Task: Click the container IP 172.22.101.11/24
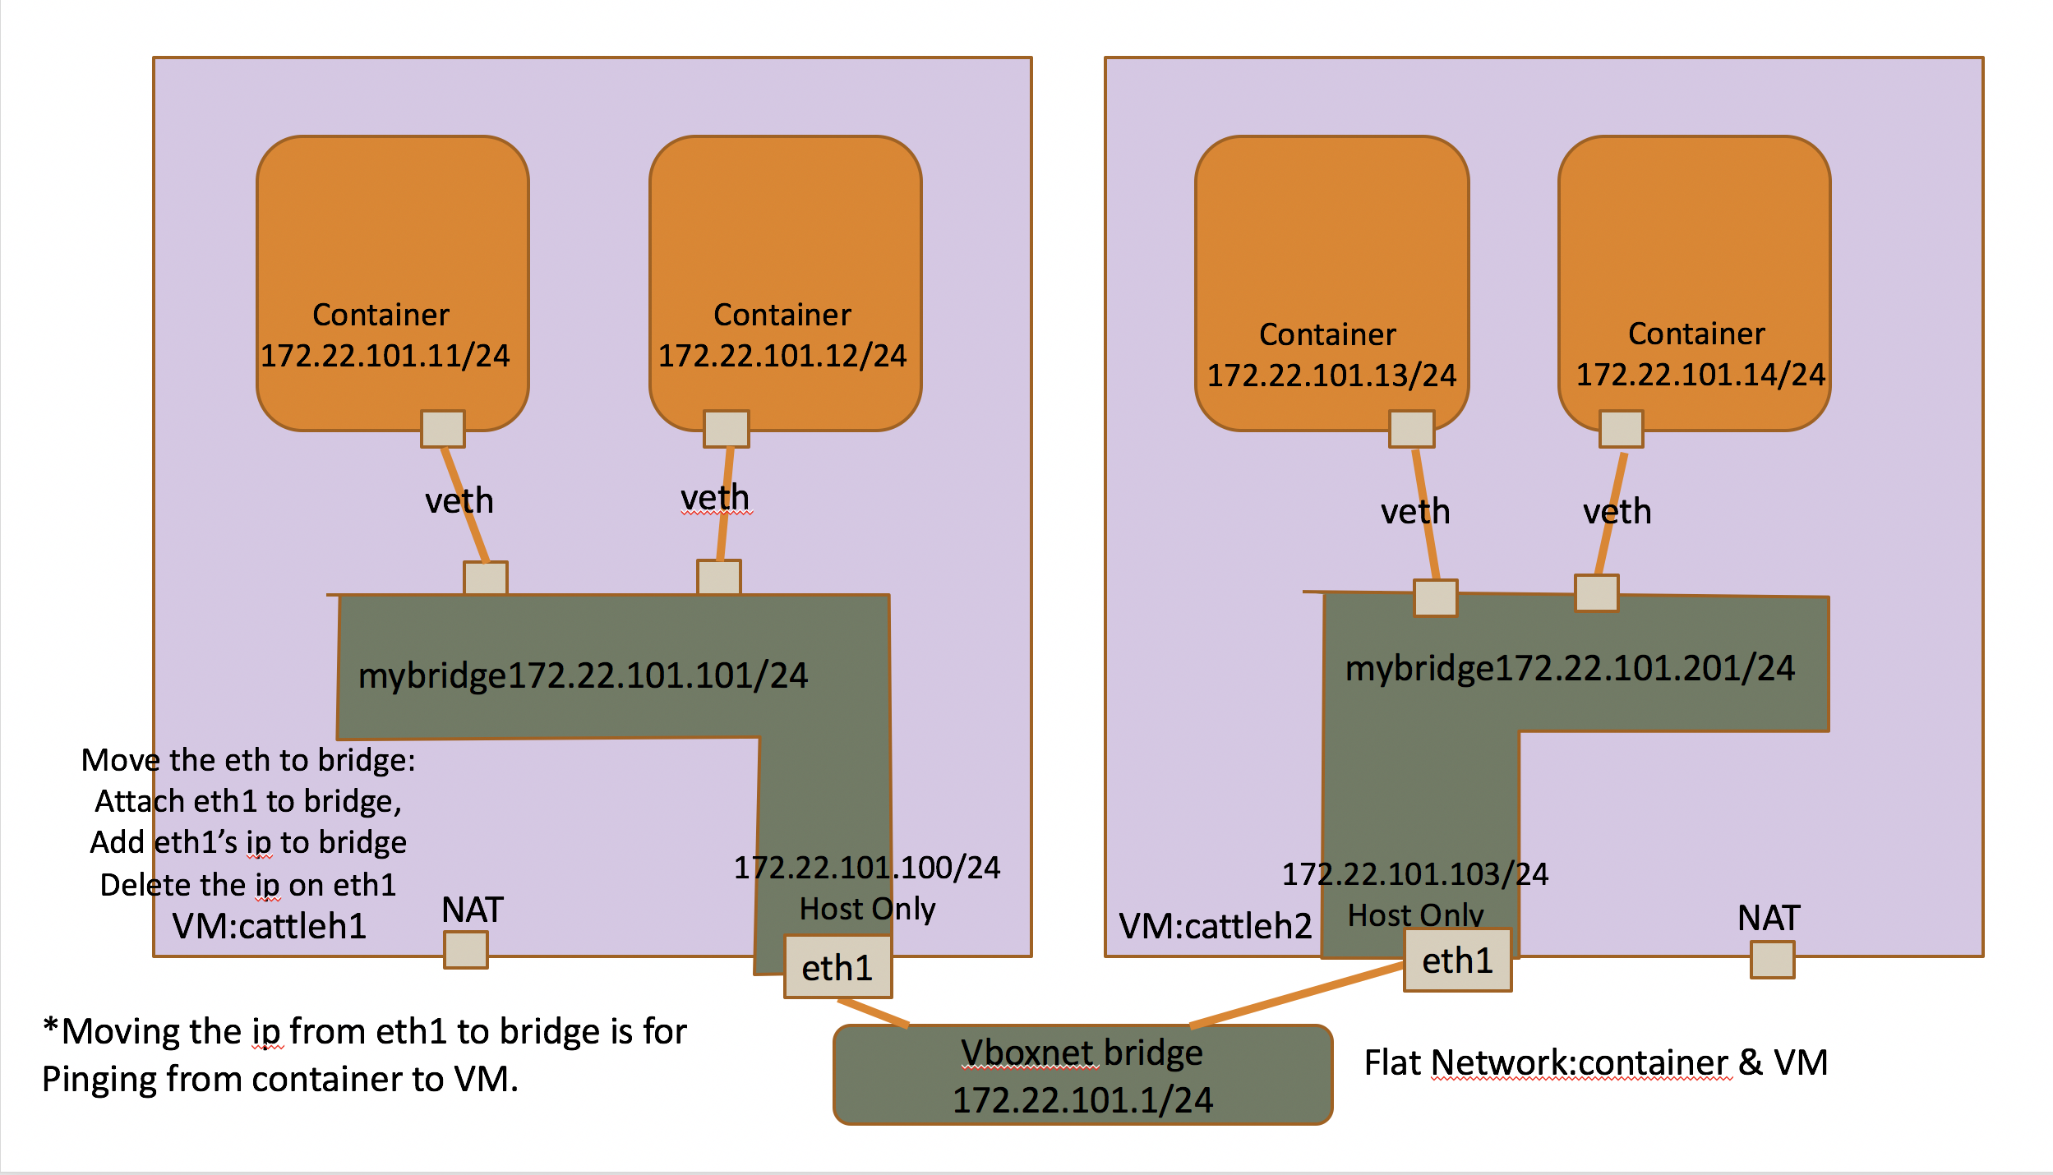click(x=385, y=356)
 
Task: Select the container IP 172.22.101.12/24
click(x=782, y=356)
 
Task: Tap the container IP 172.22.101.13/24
click(x=1331, y=376)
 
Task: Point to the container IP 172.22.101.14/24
click(x=1700, y=375)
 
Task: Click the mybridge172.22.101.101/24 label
click(x=584, y=675)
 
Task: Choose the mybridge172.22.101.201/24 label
click(x=1570, y=668)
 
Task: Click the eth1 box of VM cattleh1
click(x=837, y=967)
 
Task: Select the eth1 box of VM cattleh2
click(x=1457, y=961)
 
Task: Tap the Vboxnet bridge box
click(x=1082, y=1075)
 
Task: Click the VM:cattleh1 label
click(x=270, y=926)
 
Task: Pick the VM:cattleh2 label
click(x=1216, y=926)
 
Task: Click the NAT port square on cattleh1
click(x=466, y=950)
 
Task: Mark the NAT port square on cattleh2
click(x=1772, y=960)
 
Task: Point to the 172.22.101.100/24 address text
click(x=867, y=868)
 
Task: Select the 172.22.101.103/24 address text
click(x=1415, y=874)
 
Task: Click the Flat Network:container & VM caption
click(x=1596, y=1062)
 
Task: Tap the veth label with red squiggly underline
click(x=715, y=498)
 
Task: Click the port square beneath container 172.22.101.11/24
click(x=443, y=429)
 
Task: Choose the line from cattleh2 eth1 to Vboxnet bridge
click(x=1297, y=996)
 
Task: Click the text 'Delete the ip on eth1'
click(x=248, y=885)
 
